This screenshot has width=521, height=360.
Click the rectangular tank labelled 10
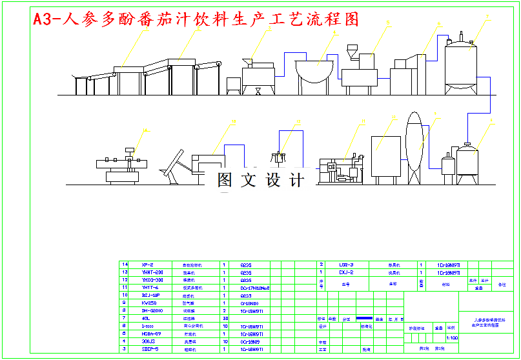coord(386,157)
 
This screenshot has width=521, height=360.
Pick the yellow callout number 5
coord(388,22)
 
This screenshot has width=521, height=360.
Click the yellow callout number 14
coord(145,130)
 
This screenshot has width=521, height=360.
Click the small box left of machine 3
coord(233,85)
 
